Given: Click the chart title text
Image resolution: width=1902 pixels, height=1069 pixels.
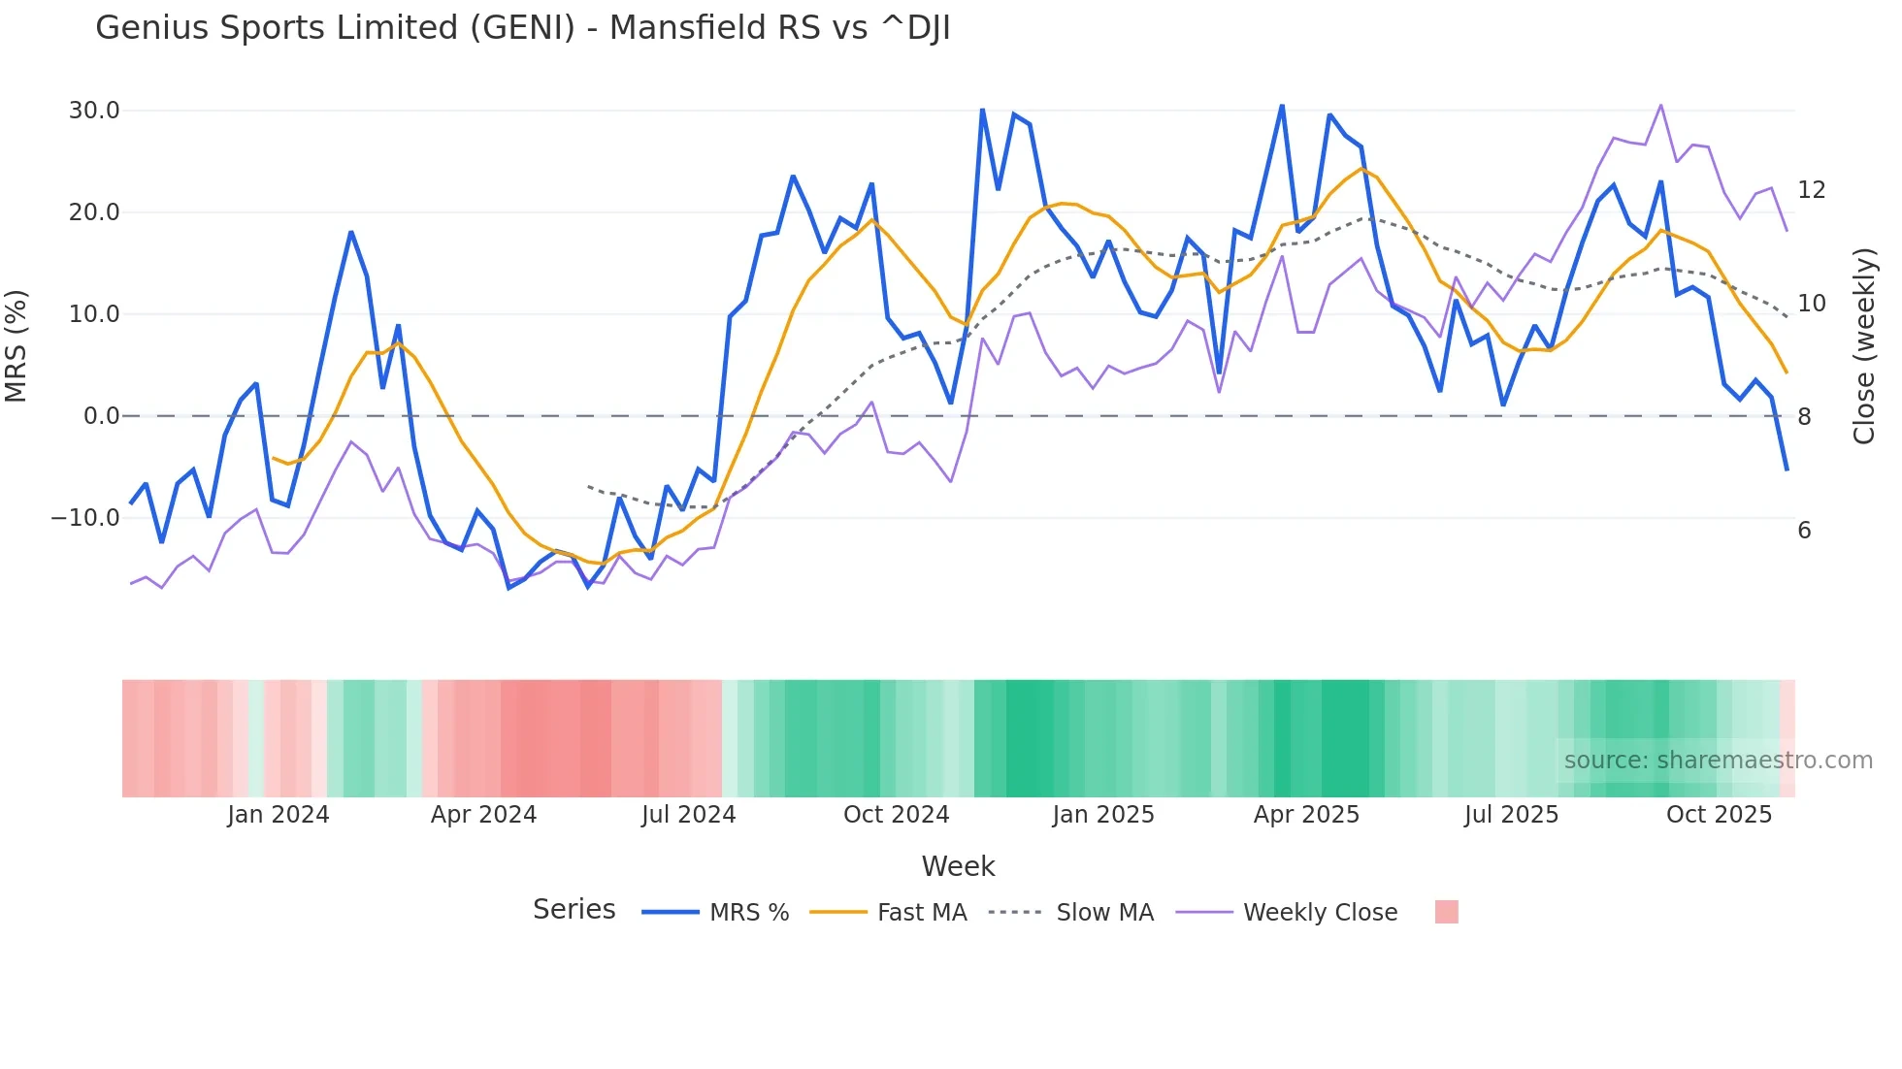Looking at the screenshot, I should pos(522,28).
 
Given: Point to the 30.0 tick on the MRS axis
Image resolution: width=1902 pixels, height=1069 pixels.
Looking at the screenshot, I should pos(94,111).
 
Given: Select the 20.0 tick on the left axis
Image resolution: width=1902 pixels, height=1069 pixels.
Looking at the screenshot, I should pos(94,212).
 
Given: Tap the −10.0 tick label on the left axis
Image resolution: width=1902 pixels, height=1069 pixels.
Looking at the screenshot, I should pos(85,518).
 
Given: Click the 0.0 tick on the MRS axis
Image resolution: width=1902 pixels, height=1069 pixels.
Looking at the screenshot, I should pos(101,416).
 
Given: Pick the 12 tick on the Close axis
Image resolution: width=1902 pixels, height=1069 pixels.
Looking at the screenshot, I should pos(1811,190).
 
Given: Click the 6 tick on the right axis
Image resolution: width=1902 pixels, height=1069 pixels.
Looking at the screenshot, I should pos(1804,531).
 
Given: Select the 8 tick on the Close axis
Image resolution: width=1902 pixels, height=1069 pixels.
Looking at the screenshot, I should pos(1804,417).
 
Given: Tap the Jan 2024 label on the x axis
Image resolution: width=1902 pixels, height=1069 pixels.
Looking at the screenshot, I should pos(279,815).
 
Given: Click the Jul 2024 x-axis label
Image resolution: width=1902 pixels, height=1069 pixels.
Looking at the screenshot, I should pos(688,815).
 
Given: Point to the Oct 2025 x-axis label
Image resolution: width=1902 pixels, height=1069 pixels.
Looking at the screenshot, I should pos(1719,815).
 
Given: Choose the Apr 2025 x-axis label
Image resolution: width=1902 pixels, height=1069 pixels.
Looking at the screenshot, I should pos(1306,815).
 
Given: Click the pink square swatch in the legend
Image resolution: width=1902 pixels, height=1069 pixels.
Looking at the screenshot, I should pos(1446,912).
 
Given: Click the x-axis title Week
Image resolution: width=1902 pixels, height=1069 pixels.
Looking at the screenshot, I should pos(958,866).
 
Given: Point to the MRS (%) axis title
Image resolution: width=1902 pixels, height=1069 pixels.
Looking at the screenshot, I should pos(16,346).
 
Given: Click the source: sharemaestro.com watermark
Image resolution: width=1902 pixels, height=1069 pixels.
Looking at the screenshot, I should pos(1718,761).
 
